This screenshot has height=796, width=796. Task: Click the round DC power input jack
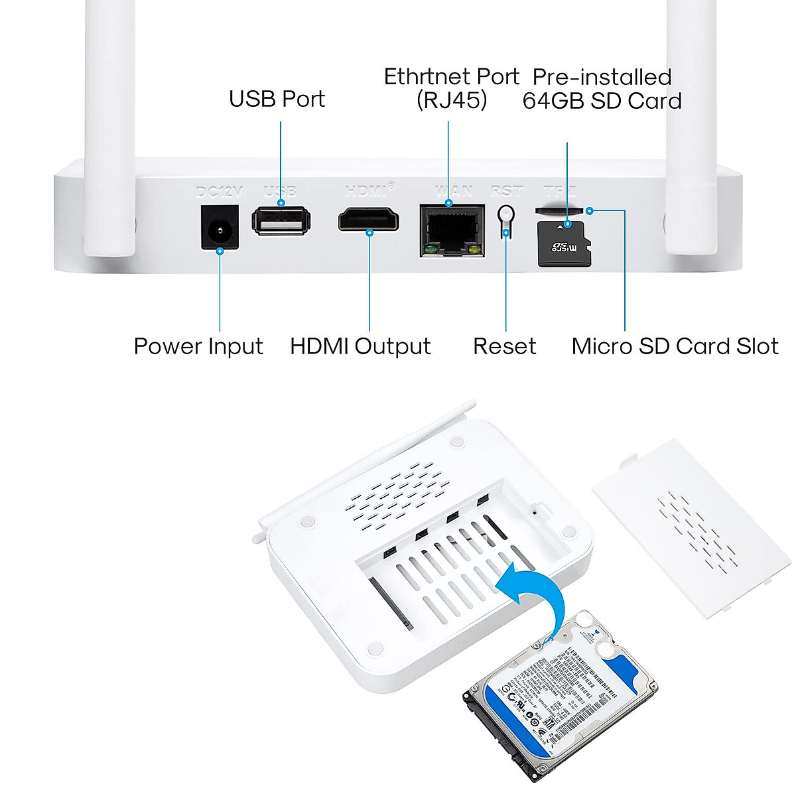[220, 229]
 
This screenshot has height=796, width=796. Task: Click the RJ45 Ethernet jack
[451, 230]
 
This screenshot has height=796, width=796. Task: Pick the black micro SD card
[564, 245]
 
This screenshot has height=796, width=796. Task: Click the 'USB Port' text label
[277, 99]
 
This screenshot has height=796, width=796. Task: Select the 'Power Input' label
[198, 346]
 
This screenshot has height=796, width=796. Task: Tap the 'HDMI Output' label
[360, 346]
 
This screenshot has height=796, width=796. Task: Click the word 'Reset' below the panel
[504, 346]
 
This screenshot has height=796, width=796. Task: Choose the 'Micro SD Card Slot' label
[675, 346]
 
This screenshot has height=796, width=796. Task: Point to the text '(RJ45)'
[452, 101]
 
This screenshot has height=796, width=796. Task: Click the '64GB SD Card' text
[602, 101]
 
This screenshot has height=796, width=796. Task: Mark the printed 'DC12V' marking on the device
[220, 192]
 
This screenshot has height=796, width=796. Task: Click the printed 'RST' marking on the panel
[506, 192]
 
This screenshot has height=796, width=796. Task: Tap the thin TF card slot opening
[560, 210]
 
